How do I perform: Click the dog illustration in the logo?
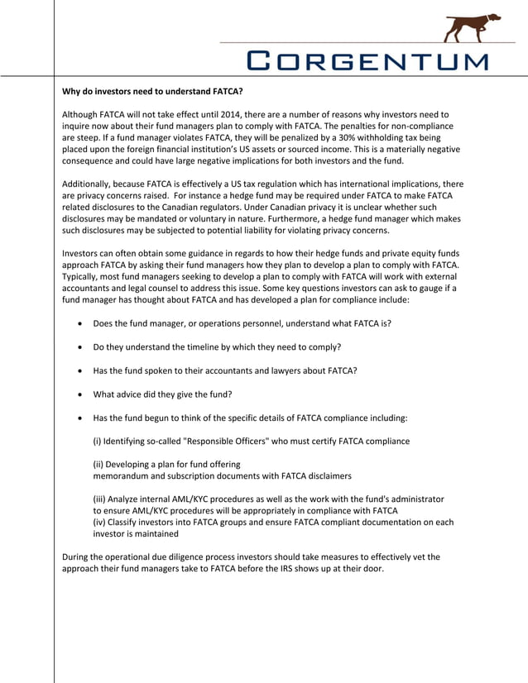473,27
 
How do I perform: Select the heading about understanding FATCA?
152,91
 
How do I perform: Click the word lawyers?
277,370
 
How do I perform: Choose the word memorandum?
124,476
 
